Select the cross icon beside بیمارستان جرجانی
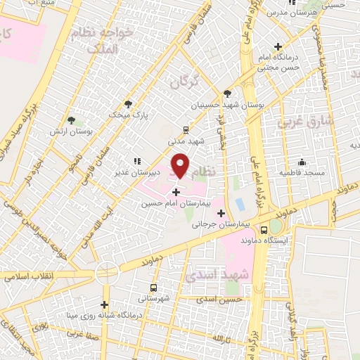(x=221, y=213)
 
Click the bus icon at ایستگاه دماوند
(x=264, y=230)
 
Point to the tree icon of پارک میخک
(x=127, y=103)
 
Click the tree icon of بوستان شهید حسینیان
(x=226, y=93)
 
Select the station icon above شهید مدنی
(x=185, y=129)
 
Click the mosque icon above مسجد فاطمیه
(x=302, y=161)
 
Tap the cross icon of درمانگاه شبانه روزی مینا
(x=105, y=304)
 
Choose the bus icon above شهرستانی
(x=154, y=288)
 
